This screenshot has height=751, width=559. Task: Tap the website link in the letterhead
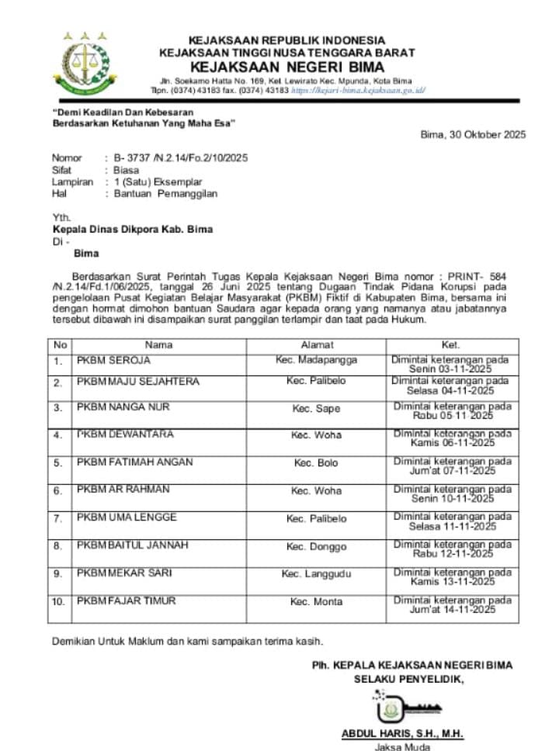[358, 90]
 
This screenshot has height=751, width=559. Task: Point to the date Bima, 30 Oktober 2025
[473, 134]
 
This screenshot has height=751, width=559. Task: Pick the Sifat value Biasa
[127, 170]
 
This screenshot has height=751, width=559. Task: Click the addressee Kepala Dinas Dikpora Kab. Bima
[132, 230]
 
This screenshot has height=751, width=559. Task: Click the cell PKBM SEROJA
[113, 361]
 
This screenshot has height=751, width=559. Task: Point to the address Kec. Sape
[316, 409]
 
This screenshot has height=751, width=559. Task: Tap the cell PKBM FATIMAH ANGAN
[134, 463]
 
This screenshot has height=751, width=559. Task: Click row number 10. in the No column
[59, 602]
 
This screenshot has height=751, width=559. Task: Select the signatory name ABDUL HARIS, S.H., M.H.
[402, 734]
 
